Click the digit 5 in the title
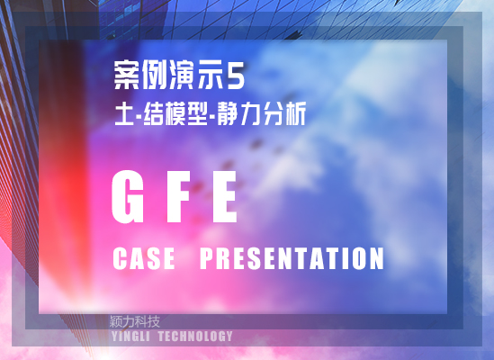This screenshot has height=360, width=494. click(x=236, y=76)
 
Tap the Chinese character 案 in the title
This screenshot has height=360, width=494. click(x=127, y=76)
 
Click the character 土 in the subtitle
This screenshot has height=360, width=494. click(x=124, y=113)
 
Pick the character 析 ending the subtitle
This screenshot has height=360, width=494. click(x=294, y=113)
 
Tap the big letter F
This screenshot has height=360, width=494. click(x=178, y=196)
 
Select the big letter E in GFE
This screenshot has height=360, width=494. click(x=224, y=196)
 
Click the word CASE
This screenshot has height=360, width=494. click(x=144, y=258)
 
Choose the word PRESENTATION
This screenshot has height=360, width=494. click(x=292, y=258)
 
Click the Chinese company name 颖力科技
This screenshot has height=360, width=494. click(x=135, y=321)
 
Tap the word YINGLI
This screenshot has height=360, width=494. click(x=130, y=337)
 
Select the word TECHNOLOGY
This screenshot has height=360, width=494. click(x=195, y=337)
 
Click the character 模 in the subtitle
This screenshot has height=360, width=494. click(x=175, y=113)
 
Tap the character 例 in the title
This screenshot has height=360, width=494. click(x=155, y=76)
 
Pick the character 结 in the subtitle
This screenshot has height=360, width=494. click(x=154, y=113)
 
